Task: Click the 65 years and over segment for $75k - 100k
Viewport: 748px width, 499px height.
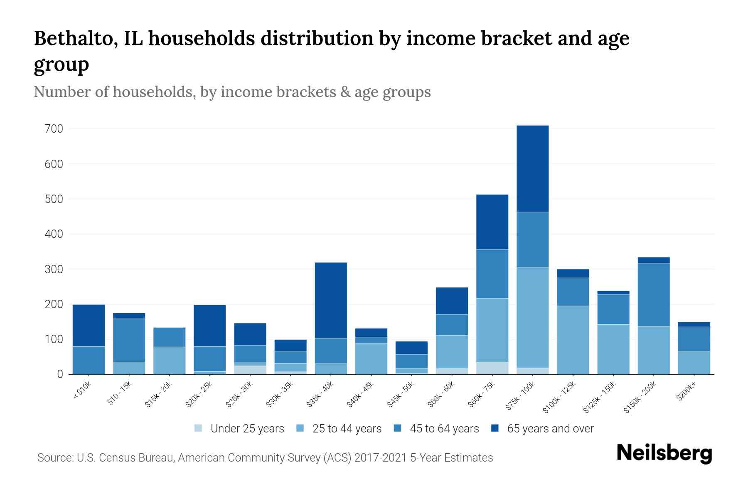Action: point(532,168)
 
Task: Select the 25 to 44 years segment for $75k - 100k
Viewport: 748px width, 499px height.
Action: point(532,317)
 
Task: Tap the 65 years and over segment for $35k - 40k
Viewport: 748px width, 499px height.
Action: point(331,300)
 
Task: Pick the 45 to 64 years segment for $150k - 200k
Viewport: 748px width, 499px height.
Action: point(653,294)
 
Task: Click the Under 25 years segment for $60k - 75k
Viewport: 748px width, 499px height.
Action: point(492,368)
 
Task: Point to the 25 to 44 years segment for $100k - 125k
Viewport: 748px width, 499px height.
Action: point(573,340)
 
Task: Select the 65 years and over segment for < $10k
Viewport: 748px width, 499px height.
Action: point(89,325)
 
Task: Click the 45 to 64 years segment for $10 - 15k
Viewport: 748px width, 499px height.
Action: point(129,340)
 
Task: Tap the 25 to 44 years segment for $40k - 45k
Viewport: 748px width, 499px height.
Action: point(371,358)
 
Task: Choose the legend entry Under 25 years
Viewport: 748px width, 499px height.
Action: point(247,429)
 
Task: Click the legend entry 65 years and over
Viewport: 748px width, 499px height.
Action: point(550,429)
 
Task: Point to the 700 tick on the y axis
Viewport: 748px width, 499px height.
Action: point(54,129)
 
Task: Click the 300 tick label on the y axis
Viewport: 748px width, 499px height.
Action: point(54,269)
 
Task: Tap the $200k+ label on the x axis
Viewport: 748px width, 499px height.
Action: point(686,393)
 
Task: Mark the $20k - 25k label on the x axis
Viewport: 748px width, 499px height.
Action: point(199,395)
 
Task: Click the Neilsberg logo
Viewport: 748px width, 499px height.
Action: point(664,453)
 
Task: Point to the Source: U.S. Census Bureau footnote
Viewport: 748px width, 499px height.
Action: point(265,458)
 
